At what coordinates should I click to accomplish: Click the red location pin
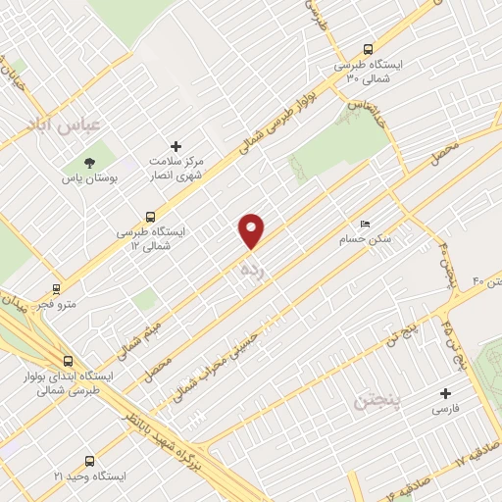pos(253,229)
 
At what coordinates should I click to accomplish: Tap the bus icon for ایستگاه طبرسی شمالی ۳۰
pos(368,49)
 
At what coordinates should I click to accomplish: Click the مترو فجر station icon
pos(56,288)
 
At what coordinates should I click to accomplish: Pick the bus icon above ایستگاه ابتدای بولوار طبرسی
pos(68,359)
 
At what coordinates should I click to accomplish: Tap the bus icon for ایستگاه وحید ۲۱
pos(90,460)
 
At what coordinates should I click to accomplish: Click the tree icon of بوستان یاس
pos(90,163)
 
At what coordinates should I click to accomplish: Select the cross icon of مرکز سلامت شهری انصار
pos(176,146)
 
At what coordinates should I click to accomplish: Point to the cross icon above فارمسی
pos(446,392)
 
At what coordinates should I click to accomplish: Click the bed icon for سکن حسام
pos(366,224)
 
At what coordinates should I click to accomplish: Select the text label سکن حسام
pos(358,239)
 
